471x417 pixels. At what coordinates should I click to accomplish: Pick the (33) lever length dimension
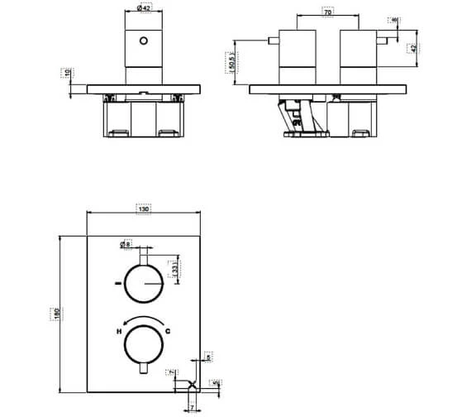pos(176,268)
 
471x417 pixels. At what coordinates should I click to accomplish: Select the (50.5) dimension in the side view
pos(233,62)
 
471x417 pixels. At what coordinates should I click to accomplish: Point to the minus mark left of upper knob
pos(118,285)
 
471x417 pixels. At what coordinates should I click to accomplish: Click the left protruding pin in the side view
pos(270,40)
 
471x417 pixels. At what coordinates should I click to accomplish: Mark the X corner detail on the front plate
pos(192,384)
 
